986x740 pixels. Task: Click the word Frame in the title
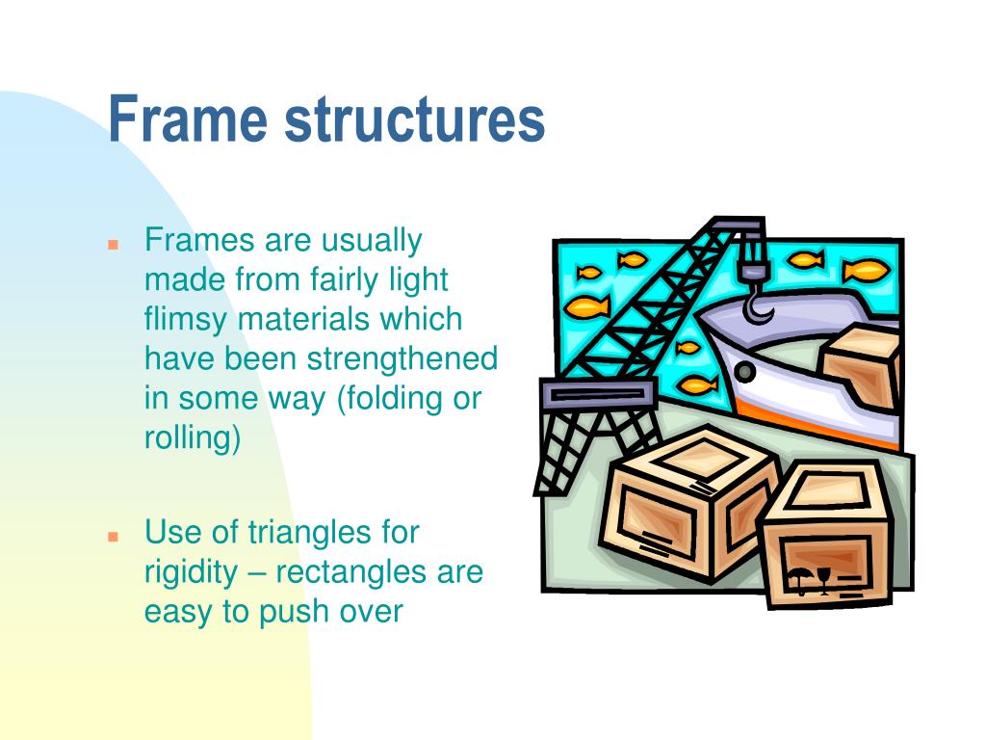(188, 119)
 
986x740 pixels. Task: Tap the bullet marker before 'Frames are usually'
(113, 245)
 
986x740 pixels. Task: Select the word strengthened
(402, 358)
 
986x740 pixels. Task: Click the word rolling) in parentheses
(192, 438)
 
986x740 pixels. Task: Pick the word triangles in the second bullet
(334, 532)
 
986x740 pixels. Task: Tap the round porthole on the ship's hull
(743, 371)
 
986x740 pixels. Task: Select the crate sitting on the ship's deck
(860, 364)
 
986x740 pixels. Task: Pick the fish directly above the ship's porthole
(689, 348)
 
